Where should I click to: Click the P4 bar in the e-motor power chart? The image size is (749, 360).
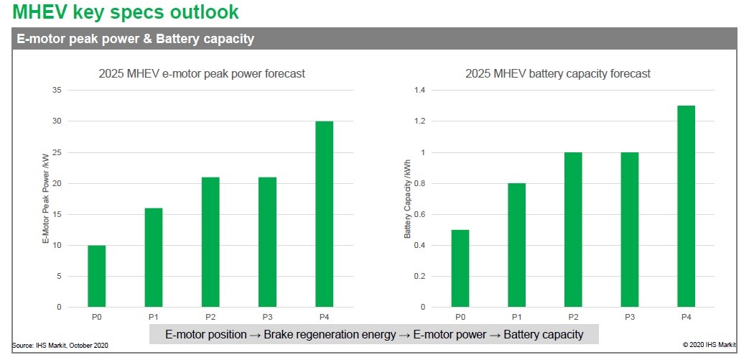(324, 214)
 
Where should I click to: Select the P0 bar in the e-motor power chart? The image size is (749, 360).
(96, 276)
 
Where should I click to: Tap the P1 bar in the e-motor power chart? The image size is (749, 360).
(153, 257)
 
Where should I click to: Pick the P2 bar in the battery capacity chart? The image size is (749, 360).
(572, 230)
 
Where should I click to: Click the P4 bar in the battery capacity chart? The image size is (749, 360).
(686, 206)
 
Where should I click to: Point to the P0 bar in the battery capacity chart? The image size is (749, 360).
(460, 269)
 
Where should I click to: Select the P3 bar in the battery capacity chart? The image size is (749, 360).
(629, 230)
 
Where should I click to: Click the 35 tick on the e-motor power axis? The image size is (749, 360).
(56, 91)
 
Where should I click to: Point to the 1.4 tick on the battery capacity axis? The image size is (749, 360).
(419, 91)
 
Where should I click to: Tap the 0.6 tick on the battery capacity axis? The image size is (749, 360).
(419, 214)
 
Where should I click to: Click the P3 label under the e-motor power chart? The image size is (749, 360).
(267, 315)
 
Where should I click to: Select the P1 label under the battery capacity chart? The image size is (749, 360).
(516, 315)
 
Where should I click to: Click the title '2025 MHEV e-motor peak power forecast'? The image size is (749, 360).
(202, 73)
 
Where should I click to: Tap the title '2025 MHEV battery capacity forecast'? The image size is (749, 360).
(558, 73)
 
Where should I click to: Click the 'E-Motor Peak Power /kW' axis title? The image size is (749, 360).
(45, 198)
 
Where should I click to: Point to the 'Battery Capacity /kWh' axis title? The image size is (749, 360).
(407, 199)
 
